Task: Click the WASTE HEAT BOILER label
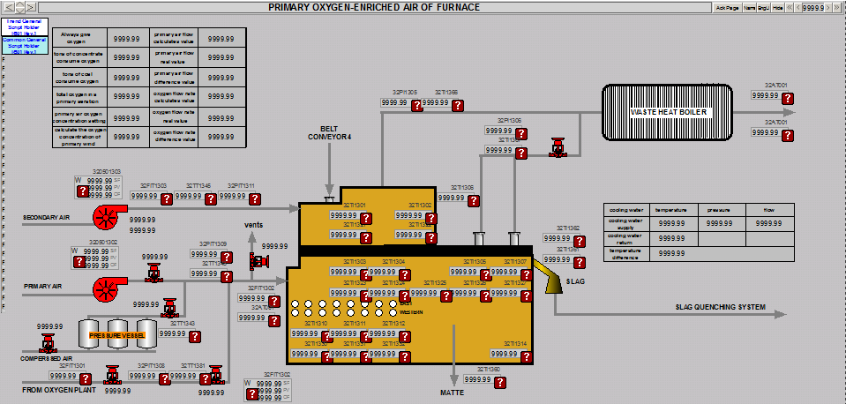coord(668,112)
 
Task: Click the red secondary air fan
coord(108,215)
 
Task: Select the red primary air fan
coord(108,287)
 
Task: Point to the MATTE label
coord(453,392)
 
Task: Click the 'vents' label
coord(254,225)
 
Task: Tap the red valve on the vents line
coord(258,261)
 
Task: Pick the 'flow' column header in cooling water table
coord(768,210)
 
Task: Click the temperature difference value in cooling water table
coord(671,253)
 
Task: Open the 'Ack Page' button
coord(727,7)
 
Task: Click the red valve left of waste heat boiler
coord(557,146)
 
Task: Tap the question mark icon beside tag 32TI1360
coord(500,383)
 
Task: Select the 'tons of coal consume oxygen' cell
coord(79,77)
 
